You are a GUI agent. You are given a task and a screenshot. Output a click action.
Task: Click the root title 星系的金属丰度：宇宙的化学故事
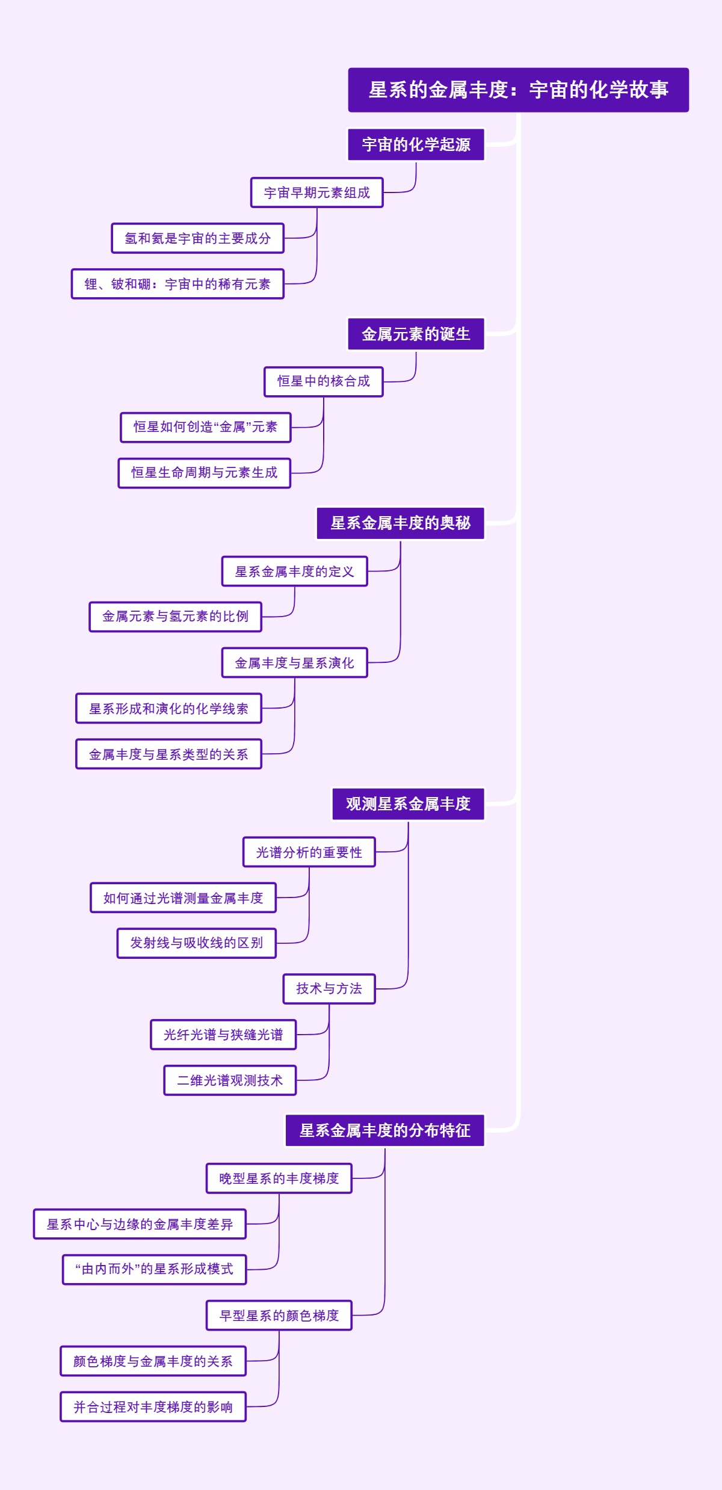point(518,90)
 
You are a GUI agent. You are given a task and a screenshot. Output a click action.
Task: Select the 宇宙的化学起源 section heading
point(416,145)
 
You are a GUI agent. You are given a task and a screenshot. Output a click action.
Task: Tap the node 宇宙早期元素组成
point(316,192)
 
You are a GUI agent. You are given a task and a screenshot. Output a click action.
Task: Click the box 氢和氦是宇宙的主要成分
point(197,238)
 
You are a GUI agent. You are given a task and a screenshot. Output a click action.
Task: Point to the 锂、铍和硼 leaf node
point(177,284)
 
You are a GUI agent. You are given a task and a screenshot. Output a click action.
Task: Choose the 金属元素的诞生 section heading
point(416,334)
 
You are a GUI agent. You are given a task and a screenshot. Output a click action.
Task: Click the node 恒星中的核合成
point(323,381)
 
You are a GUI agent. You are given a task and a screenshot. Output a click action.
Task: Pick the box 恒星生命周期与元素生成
point(205,473)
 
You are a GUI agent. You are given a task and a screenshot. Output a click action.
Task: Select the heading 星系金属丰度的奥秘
point(400,523)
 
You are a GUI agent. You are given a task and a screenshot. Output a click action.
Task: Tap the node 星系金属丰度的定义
point(294,571)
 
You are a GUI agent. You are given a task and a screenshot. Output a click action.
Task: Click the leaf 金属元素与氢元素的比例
point(175,617)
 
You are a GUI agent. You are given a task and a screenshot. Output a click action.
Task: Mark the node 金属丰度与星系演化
point(294,663)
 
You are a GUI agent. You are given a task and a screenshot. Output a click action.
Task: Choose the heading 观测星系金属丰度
point(408,804)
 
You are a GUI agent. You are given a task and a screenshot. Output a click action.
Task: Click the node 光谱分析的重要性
point(309,852)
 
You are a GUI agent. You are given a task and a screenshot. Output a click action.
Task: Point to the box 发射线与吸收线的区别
point(196,943)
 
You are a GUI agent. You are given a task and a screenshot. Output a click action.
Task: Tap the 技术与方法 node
point(329,989)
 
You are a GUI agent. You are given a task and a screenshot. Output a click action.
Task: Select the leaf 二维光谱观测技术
point(230,1080)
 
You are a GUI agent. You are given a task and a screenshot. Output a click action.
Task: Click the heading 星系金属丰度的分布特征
point(384,1131)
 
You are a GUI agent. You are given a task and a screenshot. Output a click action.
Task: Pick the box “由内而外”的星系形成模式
point(154,1269)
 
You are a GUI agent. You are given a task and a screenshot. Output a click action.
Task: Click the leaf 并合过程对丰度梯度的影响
point(153,1407)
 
